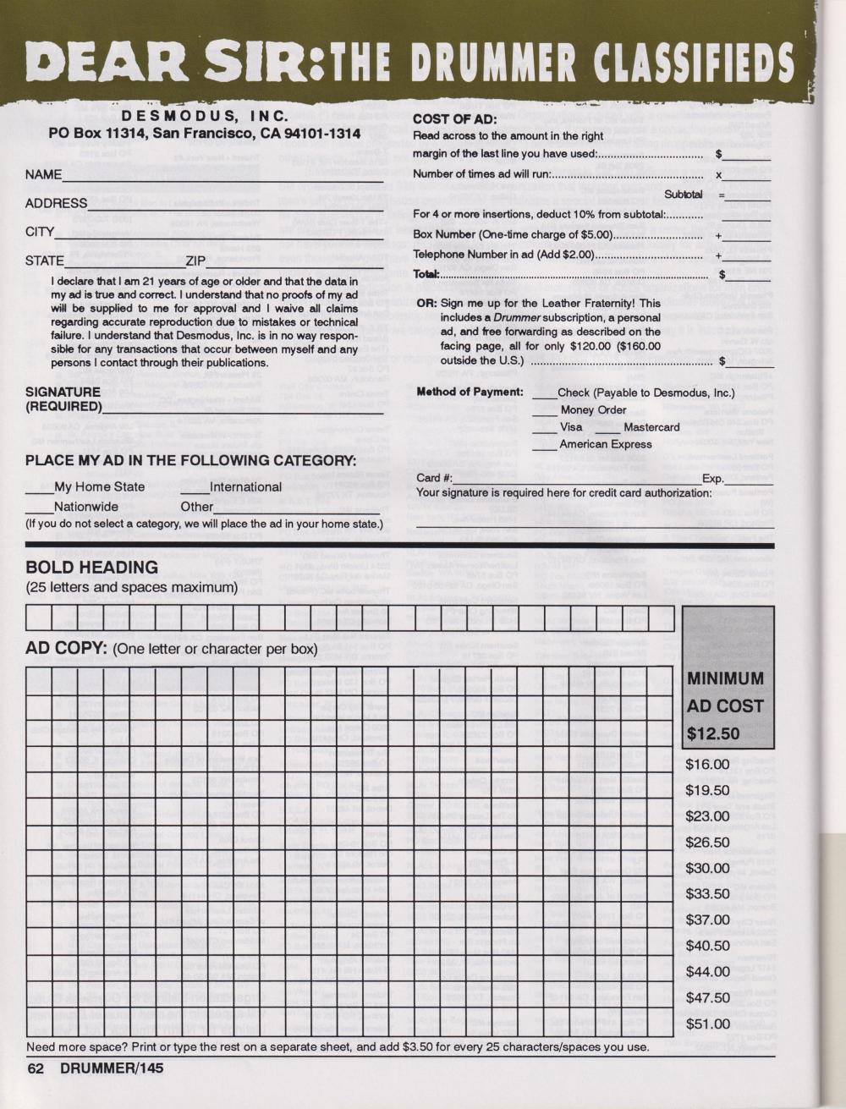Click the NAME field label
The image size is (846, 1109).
[x=43, y=174]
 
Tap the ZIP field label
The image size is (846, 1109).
[x=195, y=261]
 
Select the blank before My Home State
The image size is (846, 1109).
[x=39, y=487]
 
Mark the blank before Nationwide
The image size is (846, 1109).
[x=39, y=508]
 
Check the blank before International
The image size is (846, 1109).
[x=195, y=487]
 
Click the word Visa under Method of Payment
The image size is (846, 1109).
[x=570, y=427]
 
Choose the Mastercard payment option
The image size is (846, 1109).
[x=651, y=427]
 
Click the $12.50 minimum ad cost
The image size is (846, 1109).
[x=713, y=733]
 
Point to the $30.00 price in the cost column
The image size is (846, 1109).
[x=707, y=868]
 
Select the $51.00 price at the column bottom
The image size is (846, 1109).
[x=707, y=1024]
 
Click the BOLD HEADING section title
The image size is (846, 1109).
[x=91, y=568]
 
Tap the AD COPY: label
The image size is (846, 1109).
[x=65, y=649]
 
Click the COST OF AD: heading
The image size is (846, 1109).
[x=453, y=119]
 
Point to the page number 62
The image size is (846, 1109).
[x=35, y=1068]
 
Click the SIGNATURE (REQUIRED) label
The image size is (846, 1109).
[x=63, y=398]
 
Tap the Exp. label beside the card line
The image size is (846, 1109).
[x=713, y=478]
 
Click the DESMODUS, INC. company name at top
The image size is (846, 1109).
[x=206, y=115]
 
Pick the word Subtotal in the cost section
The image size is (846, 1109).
[x=684, y=195]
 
